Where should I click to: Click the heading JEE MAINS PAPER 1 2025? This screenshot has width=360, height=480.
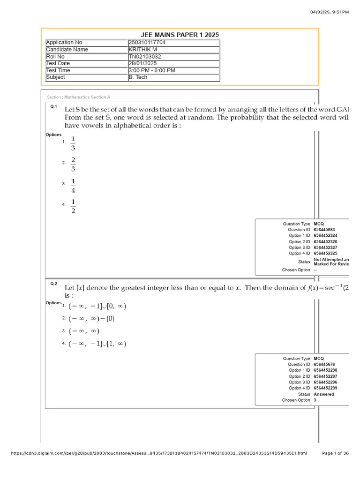180,35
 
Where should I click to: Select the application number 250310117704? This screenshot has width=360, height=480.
147,43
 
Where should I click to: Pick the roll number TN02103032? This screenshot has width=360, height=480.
145,57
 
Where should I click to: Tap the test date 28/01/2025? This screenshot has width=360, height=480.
143,64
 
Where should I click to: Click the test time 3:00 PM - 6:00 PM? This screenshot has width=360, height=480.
152,71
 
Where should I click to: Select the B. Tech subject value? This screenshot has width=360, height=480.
138,78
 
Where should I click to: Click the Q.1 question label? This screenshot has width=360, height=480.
53,107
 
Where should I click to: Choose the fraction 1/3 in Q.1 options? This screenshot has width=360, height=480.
73,143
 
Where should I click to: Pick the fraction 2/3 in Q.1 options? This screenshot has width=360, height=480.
73,165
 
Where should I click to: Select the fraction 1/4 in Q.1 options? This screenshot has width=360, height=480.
73,186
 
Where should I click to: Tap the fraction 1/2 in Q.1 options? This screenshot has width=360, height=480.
73,206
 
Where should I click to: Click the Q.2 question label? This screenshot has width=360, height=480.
53,284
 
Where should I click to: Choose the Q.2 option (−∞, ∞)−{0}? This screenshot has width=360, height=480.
91,319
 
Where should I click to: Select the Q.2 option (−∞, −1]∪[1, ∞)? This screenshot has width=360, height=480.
97,344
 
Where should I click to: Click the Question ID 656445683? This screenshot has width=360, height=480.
324,230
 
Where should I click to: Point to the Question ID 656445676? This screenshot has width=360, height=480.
324,364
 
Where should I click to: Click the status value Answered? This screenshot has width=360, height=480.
324,394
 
